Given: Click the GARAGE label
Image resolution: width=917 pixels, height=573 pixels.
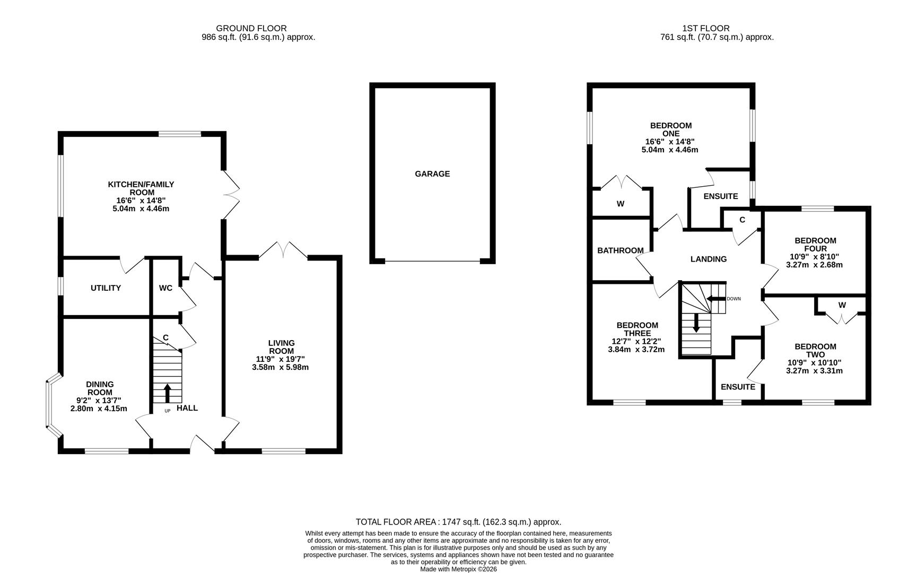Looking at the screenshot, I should click(432, 173).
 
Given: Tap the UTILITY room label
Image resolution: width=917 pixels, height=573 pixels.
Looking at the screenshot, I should click(106, 288).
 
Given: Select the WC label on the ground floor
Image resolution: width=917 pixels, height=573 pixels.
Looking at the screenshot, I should click(165, 288).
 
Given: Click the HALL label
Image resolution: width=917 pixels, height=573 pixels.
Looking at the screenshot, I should click(187, 408).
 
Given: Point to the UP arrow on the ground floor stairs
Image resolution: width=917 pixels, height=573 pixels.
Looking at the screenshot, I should click(168, 393).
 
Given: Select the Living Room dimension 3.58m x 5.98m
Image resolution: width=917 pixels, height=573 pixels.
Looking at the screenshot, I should click(281, 367).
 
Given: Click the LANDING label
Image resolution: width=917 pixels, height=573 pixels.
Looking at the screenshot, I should click(708, 259).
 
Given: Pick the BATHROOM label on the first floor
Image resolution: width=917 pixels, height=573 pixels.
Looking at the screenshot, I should click(620, 250).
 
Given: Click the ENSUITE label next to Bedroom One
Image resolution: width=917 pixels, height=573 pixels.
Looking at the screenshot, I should click(720, 196).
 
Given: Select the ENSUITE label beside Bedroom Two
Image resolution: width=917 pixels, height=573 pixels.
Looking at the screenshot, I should click(737, 387).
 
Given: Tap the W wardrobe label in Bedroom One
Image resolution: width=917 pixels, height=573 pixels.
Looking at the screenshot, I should click(620, 204).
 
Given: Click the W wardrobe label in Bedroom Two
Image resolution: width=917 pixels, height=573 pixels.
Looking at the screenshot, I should click(842, 305).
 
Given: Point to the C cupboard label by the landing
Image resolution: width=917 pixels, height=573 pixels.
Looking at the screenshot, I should click(742, 220).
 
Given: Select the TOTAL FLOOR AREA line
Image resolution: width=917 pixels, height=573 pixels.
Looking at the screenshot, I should click(458, 522).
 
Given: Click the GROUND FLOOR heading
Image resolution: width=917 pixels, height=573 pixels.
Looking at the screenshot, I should click(251, 28).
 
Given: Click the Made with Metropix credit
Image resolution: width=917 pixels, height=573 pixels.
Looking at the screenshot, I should click(458, 569).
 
